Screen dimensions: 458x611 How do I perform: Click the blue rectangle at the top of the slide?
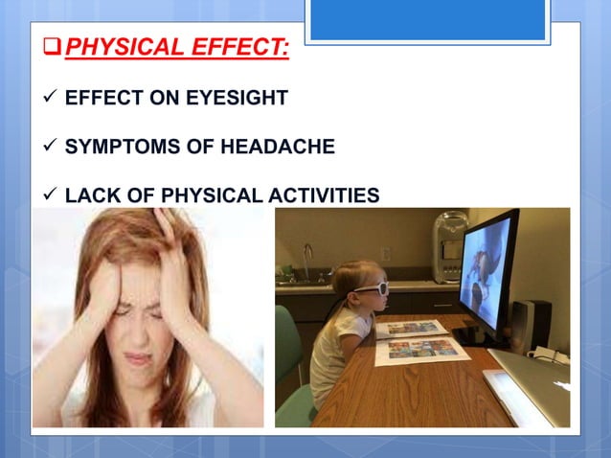(428, 20)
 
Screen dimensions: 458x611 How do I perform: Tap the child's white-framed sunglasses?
(368, 286)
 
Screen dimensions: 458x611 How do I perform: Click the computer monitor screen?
(488, 273)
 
